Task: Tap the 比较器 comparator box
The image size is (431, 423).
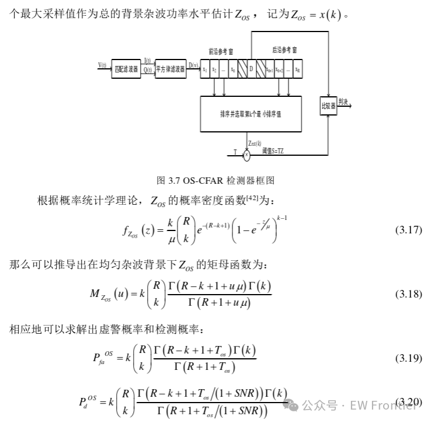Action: tap(329, 106)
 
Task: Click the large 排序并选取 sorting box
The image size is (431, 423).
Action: tap(251, 114)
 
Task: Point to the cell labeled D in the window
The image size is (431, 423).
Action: tap(251, 69)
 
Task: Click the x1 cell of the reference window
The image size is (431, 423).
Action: tap(205, 69)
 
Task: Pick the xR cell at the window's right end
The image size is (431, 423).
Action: tap(298, 69)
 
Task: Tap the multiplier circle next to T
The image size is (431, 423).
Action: tap(246, 155)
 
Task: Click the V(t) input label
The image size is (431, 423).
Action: tap(102, 65)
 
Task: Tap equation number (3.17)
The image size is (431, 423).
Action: tap(408, 229)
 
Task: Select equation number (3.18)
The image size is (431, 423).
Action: tap(408, 293)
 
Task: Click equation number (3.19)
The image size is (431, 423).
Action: tap(408, 357)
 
